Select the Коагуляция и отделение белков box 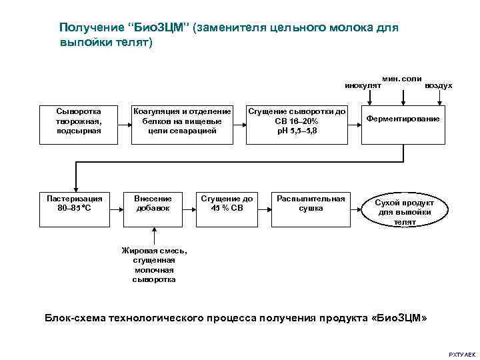(182, 124)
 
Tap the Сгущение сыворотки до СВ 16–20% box (297, 124)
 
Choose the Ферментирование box (403, 124)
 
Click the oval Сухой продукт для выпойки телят (405, 211)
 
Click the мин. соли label (401, 79)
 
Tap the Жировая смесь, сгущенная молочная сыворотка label (154, 265)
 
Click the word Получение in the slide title (89, 28)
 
